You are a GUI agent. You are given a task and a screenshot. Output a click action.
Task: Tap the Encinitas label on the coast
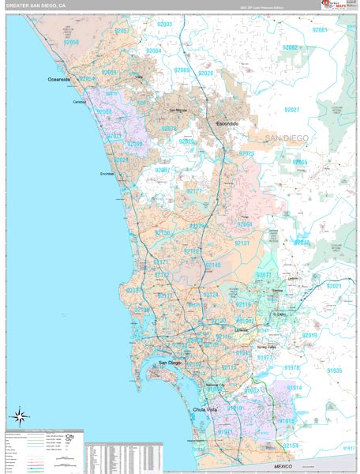[107, 174]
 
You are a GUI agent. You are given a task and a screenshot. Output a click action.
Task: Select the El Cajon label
[281, 313]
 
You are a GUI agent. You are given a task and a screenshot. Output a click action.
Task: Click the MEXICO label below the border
[282, 468]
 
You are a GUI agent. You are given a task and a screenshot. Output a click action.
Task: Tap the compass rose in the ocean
[20, 416]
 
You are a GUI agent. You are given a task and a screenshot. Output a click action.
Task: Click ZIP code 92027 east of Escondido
[292, 110]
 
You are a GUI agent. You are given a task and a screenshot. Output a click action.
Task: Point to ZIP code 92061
[319, 29]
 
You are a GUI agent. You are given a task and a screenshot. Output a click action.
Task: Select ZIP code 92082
[291, 47]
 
